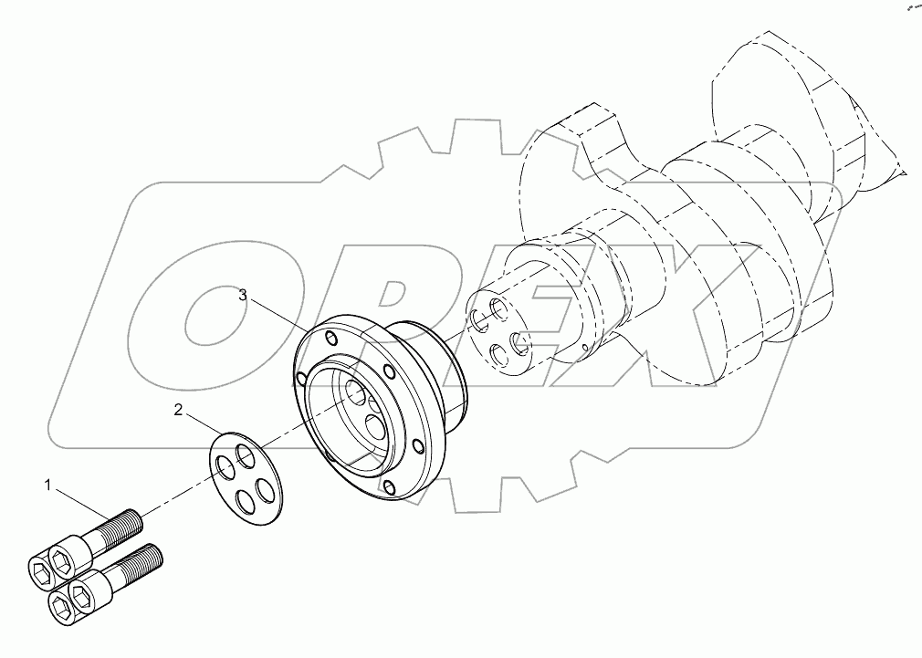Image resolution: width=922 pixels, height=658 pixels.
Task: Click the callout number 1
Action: [47, 485]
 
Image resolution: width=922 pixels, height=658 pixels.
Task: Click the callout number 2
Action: [179, 410]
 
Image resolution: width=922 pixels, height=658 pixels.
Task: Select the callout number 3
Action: [243, 295]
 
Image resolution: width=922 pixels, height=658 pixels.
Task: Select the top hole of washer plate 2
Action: [244, 453]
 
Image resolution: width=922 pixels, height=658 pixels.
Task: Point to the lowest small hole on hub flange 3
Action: [390, 486]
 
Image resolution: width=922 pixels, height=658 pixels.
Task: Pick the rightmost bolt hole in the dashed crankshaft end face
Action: [521, 344]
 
